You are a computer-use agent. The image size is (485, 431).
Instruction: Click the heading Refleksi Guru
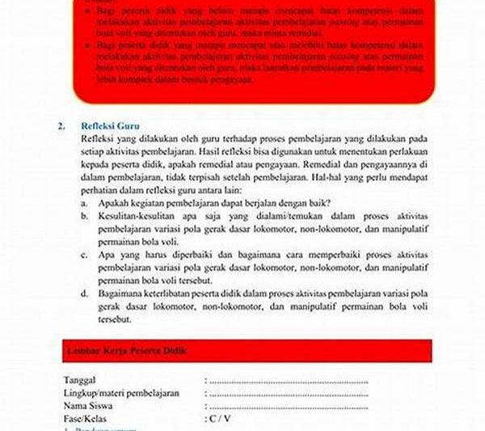pyautogui.click(x=109, y=127)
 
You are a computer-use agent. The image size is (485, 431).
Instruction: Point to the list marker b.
pyautogui.click(x=84, y=218)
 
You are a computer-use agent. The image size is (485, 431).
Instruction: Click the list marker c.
pyautogui.click(x=84, y=254)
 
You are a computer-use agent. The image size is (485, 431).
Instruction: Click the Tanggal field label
pyautogui.click(x=80, y=380)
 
